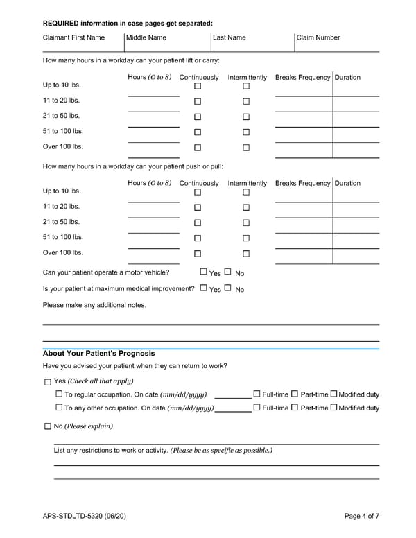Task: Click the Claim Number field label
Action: pyautogui.click(x=318, y=37)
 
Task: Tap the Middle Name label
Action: pyautogui.click(x=146, y=37)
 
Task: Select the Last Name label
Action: pyautogui.click(x=229, y=37)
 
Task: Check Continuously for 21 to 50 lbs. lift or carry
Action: pyautogui.click(x=198, y=117)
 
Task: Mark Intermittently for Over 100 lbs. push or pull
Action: pyautogui.click(x=246, y=254)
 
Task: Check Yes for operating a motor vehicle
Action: pyautogui.click(x=204, y=272)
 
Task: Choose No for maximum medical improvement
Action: pyautogui.click(x=227, y=288)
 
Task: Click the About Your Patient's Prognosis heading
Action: pyautogui.click(x=98, y=354)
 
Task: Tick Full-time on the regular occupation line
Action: pyautogui.click(x=257, y=394)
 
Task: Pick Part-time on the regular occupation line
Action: pyautogui.click(x=295, y=394)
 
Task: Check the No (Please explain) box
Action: pyautogui.click(x=47, y=426)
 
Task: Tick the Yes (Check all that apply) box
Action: pyautogui.click(x=47, y=381)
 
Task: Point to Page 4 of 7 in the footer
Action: pyautogui.click(x=362, y=516)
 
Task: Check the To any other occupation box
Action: pyautogui.click(x=59, y=408)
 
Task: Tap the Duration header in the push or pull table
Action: pyautogui.click(x=347, y=184)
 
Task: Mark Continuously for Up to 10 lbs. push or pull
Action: pyautogui.click(x=198, y=192)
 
